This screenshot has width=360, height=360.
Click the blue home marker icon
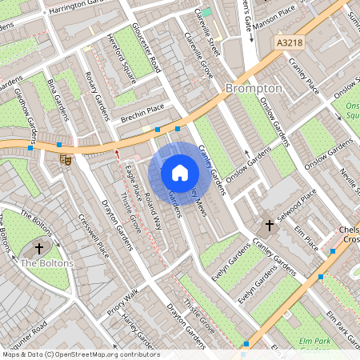point(180,173)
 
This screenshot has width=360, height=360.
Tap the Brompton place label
point(254,88)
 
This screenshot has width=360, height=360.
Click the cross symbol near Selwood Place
point(269,226)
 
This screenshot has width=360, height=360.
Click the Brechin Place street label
point(142,112)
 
